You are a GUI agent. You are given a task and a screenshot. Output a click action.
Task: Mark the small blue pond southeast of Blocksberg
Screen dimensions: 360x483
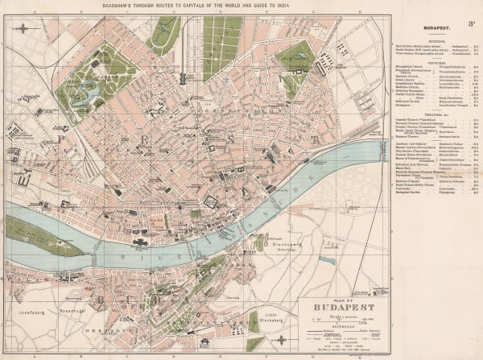326,261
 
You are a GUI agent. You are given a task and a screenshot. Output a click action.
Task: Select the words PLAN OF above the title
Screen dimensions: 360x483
337,299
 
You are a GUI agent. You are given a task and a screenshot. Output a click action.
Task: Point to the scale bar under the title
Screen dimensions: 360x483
337,321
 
